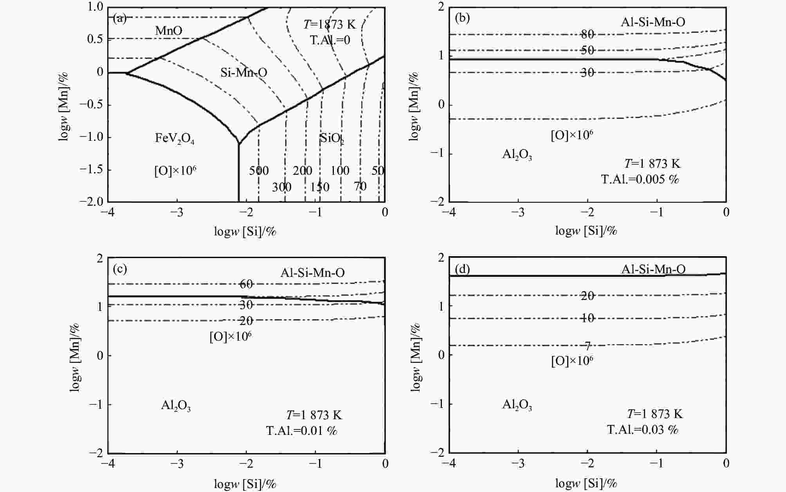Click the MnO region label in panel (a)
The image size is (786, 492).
coord(169,31)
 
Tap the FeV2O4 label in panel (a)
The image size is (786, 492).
coord(175,139)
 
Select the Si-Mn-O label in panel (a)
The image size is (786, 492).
coord(243,72)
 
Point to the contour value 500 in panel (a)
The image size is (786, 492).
coord(259,171)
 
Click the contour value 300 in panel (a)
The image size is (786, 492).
coord(281,187)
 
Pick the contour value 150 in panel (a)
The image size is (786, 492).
coord(319,187)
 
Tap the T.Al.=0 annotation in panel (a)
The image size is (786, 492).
coord(330,40)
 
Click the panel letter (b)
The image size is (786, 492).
coord(462,18)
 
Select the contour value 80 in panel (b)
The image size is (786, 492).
coord(587,34)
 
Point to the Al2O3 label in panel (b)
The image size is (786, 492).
coord(517,155)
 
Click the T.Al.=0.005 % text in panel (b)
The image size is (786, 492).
coord(640,179)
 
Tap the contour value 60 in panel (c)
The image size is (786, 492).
coord(246,284)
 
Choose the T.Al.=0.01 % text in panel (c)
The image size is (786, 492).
coord(301,431)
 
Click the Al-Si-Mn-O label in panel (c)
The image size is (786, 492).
coord(312,273)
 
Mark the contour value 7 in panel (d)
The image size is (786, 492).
coord(587,346)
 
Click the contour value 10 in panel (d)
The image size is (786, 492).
coord(587,318)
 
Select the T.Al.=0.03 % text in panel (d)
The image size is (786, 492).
coord(642,429)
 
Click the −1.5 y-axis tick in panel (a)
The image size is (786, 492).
coord(92,170)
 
